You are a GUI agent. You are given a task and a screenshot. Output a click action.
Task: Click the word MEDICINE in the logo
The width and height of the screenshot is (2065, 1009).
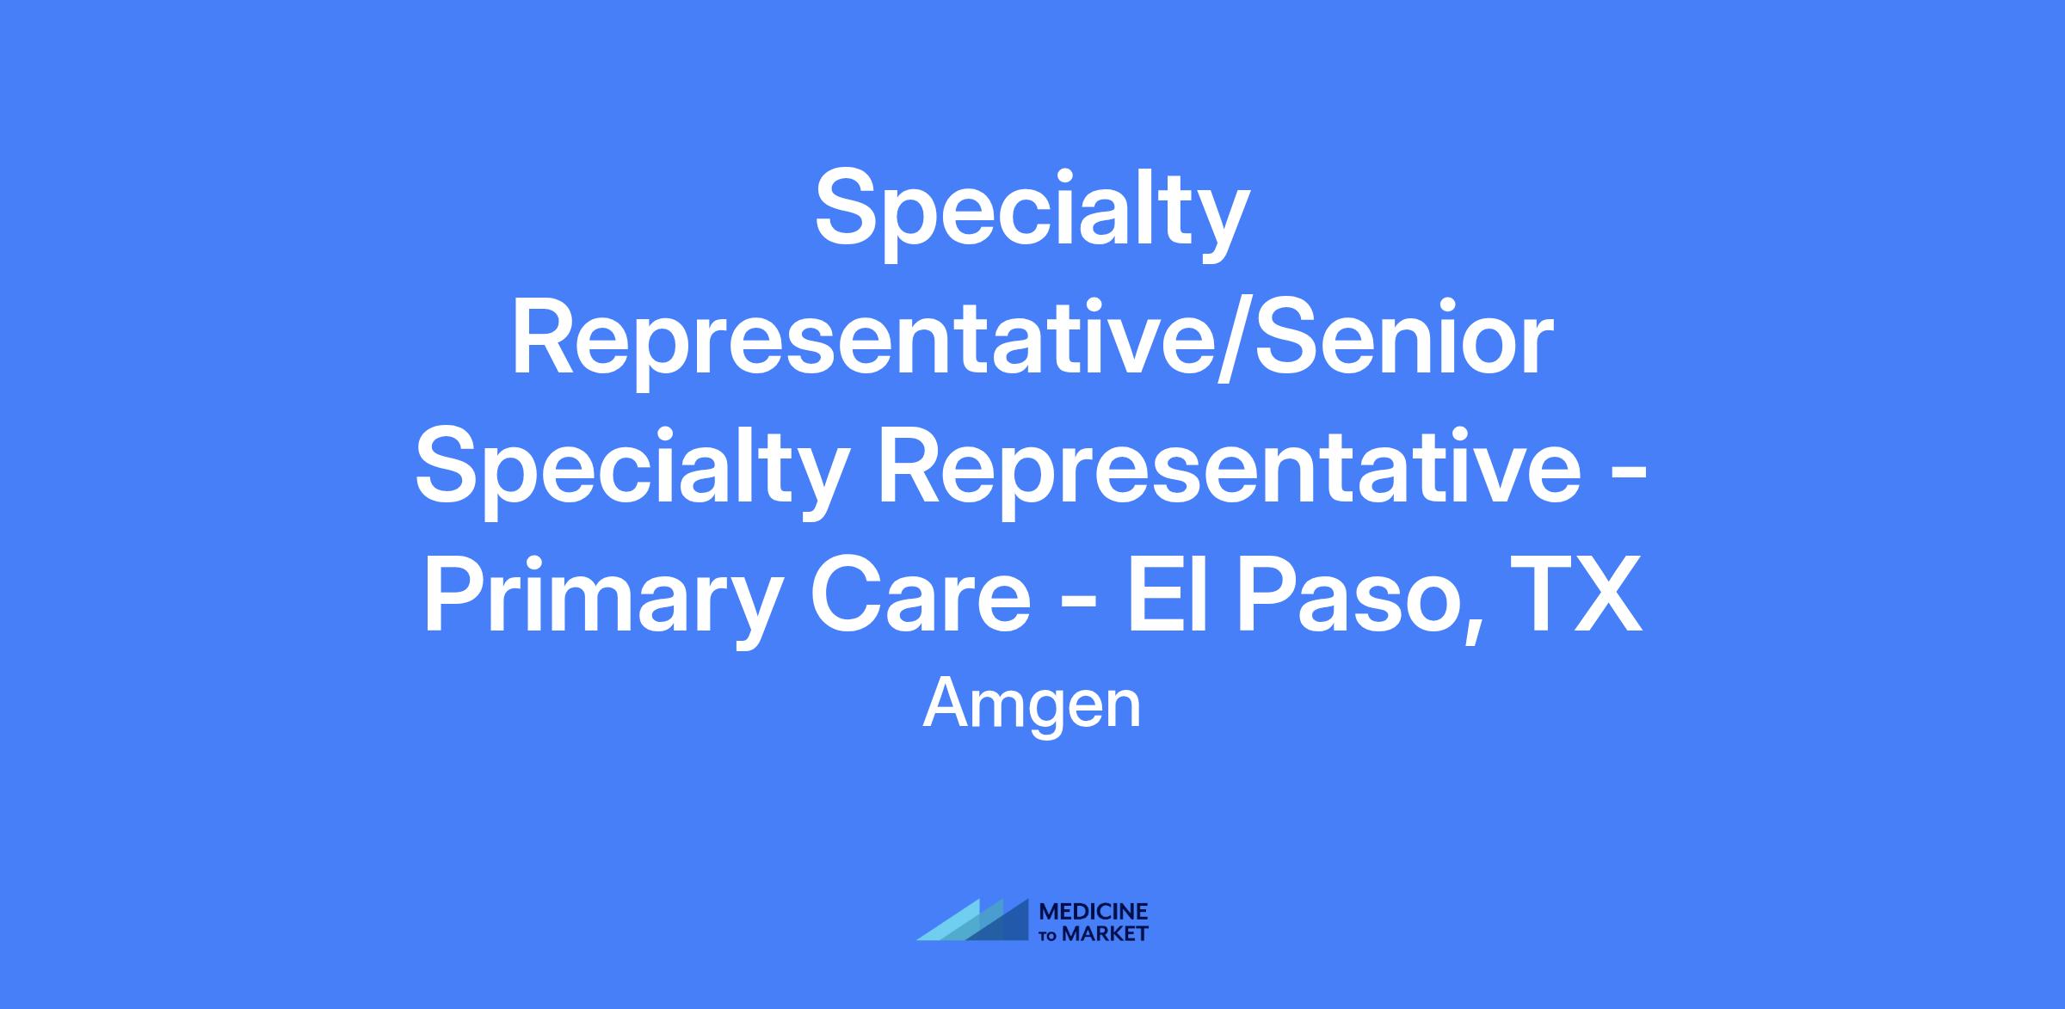point(1094,912)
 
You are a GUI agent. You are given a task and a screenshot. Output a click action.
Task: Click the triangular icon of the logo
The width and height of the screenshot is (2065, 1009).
point(973,920)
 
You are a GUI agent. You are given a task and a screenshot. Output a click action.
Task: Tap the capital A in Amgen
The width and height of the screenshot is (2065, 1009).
point(943,703)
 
